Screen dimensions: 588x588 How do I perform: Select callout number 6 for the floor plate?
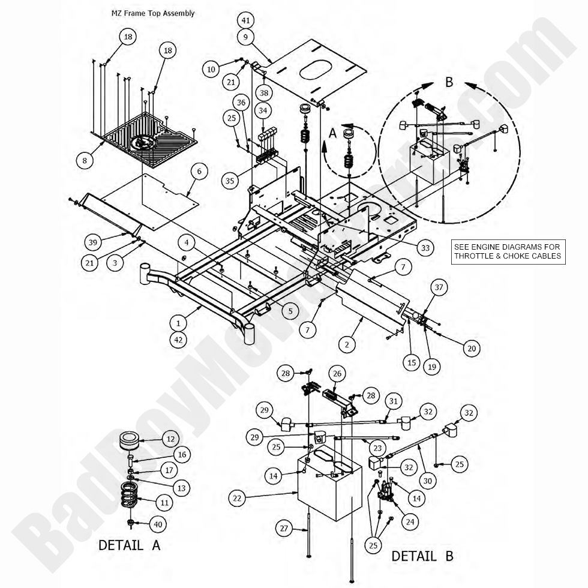(199, 172)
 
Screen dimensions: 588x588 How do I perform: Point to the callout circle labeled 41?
(245, 20)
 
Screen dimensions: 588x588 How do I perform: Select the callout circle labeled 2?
(346, 344)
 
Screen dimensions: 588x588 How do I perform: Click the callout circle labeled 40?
(158, 524)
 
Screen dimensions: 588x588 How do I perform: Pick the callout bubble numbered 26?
(337, 374)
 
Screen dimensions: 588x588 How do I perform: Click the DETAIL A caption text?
(129, 545)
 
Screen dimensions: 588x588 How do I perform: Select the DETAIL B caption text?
(422, 556)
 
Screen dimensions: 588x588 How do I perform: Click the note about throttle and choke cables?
(508, 251)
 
